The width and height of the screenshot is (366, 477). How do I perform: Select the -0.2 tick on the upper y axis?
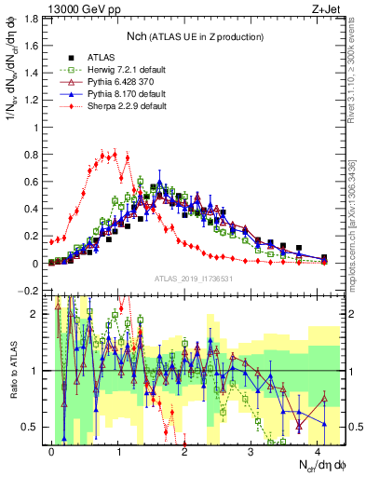tap(28, 291)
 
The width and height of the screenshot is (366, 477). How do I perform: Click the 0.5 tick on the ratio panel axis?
tap(30, 427)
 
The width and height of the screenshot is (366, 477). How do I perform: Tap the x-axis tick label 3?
tap(251, 450)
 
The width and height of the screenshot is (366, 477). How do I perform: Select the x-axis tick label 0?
tap(51, 450)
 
